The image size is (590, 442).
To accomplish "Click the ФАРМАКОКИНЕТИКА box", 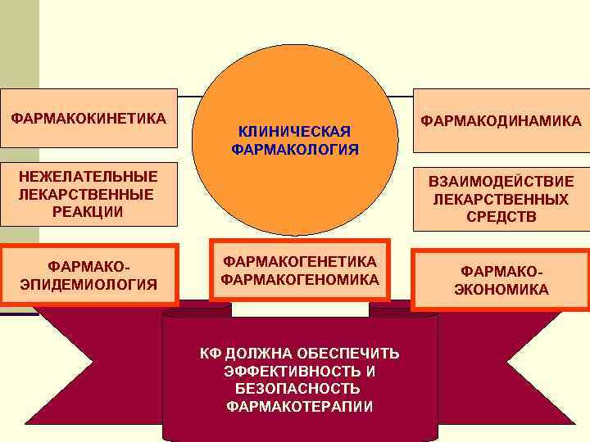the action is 88,119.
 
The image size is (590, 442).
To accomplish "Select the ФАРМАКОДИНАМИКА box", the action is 501,121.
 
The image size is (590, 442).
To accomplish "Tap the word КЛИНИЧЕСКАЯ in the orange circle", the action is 294,132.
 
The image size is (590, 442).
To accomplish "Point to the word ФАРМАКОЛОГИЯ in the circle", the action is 295,149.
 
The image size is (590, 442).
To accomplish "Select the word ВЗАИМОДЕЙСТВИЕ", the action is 501,182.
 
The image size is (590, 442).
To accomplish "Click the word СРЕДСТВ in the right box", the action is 501,217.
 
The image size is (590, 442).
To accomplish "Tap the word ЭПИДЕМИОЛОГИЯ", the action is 88,284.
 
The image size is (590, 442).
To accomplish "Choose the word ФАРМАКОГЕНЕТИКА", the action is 300,262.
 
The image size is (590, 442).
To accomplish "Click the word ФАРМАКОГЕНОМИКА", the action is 300,280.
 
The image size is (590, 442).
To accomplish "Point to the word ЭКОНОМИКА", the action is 501,290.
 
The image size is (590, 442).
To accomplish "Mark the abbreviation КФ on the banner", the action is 211,354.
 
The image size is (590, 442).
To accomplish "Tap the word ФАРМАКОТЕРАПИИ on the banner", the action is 299,406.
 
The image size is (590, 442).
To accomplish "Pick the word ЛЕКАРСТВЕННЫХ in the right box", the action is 501,200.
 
